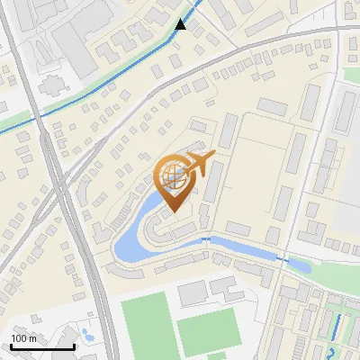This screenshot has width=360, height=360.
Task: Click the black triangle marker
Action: click(181, 24)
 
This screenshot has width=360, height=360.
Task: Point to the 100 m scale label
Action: click(23, 337)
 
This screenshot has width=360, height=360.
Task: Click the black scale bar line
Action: click(42, 346)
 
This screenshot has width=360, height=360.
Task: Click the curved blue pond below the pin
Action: click(135, 229)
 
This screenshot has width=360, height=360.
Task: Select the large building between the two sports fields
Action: click(192, 292)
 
